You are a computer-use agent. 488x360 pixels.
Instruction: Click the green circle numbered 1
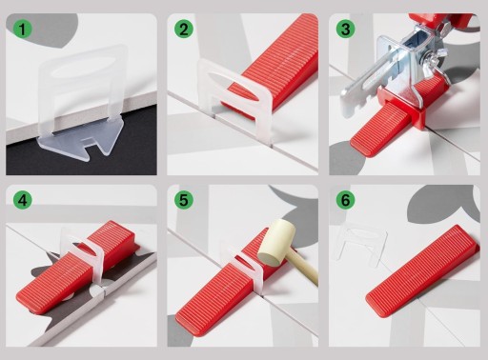point(22,30)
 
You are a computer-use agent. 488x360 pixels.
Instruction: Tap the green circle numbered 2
point(184,30)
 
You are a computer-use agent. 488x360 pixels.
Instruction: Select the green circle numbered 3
point(345,30)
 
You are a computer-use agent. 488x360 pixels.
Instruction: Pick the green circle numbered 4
point(22,200)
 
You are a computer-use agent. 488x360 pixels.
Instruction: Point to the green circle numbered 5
point(184,200)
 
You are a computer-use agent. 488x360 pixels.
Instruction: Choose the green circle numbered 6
point(345,200)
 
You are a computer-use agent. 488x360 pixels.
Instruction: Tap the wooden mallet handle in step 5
point(304,269)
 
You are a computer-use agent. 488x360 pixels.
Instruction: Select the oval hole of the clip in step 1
point(83,67)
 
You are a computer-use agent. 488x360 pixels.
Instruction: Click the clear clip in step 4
point(85,255)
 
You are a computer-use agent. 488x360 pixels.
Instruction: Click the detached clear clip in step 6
point(362,244)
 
